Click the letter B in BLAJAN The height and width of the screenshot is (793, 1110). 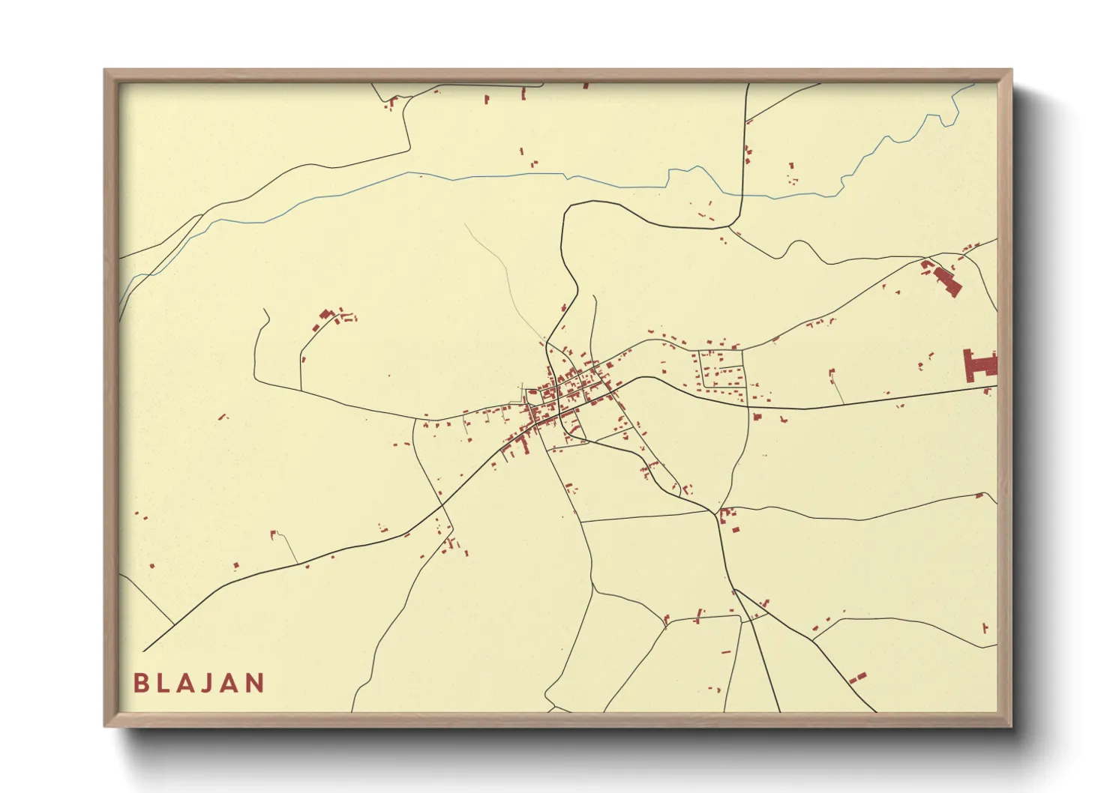coord(139,683)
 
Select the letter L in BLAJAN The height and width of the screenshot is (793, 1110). coord(161,683)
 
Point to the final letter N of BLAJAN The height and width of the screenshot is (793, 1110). coord(255,683)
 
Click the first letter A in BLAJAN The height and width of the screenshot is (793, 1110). coord(181,683)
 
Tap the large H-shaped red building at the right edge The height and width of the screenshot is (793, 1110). coord(980,366)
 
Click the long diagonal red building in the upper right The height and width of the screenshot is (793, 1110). coord(946,279)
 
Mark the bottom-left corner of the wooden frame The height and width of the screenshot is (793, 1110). coord(106,725)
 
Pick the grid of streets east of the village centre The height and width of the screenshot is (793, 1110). coord(721,370)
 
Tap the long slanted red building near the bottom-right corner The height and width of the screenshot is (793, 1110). coord(857,678)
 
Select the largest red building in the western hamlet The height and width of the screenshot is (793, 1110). coord(325,315)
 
